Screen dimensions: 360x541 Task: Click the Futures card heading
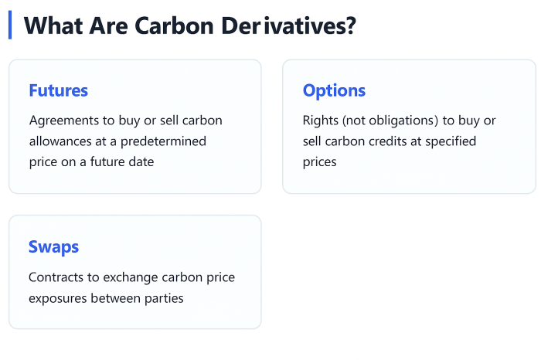pyautogui.click(x=58, y=90)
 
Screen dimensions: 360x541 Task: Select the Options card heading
pyautogui.click(x=334, y=90)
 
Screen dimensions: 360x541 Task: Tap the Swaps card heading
pyautogui.click(x=53, y=247)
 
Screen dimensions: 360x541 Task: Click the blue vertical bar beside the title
pyautogui.click(x=10, y=25)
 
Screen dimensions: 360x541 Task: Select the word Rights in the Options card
pyautogui.click(x=320, y=121)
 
